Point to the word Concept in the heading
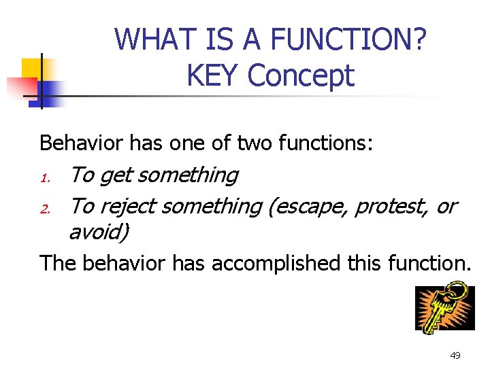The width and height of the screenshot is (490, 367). pyautogui.click(x=301, y=75)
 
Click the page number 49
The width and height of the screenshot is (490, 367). pyautogui.click(x=455, y=355)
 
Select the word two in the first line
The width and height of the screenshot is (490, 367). pyautogui.click(x=252, y=143)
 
